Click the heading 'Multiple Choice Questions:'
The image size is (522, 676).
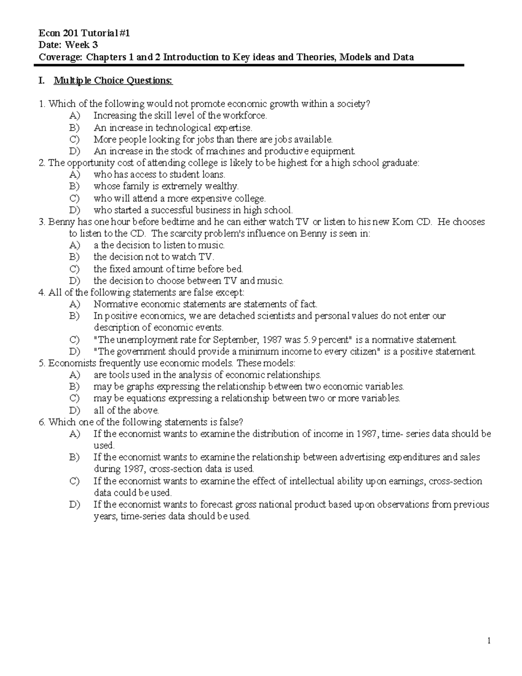113,81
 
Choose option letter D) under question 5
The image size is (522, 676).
74,410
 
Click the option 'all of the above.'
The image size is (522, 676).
126,410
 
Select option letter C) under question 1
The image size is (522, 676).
74,139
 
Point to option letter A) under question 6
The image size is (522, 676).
74,434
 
